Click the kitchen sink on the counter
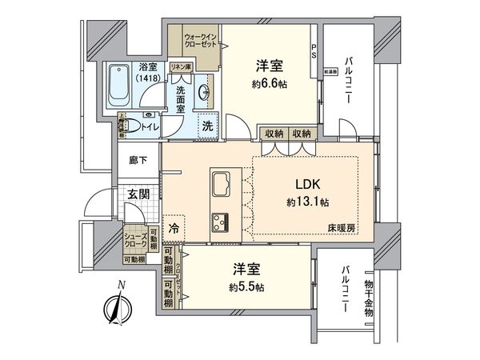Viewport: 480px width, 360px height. (x=222, y=186)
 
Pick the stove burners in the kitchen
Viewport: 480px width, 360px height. (x=221, y=220)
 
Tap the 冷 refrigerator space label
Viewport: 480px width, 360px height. (x=174, y=227)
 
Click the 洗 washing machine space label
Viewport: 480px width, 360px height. (x=206, y=126)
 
